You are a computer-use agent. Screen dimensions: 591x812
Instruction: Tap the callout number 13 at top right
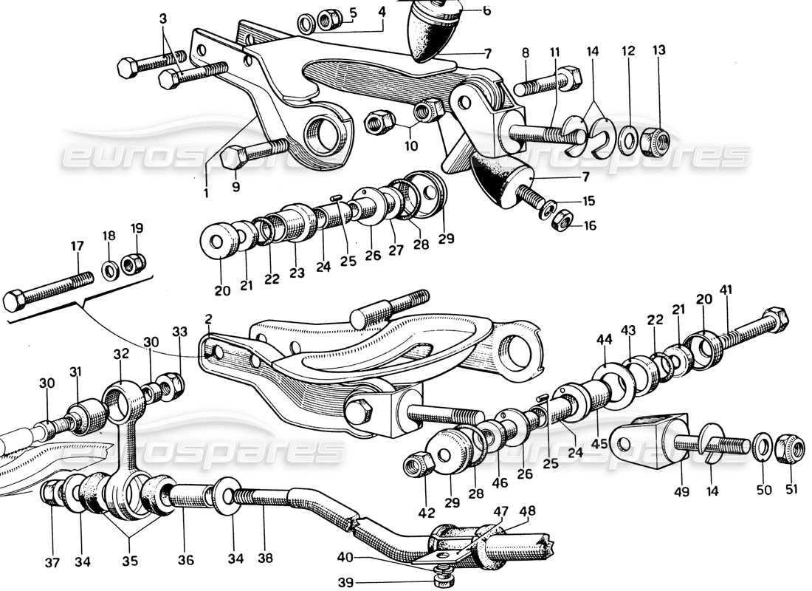658,49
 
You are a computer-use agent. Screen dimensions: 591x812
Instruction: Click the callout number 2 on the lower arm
209,319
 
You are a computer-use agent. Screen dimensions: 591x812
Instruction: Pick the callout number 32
121,354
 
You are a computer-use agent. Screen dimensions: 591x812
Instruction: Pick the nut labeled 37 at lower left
52,493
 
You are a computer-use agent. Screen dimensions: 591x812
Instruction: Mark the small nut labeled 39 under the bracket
442,573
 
